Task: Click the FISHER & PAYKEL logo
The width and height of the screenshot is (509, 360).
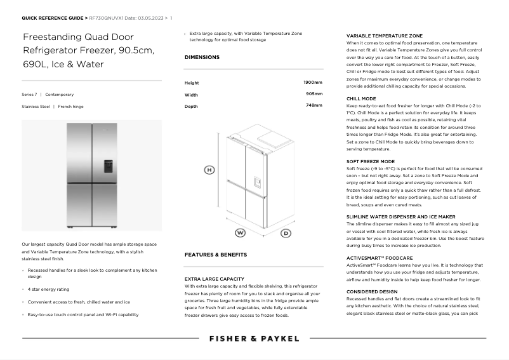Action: [x=254, y=338]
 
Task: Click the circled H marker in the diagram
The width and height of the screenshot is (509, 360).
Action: [x=209, y=170]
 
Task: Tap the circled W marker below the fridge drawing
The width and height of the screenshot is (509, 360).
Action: [x=241, y=232]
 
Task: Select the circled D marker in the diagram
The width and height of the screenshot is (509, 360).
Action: [x=286, y=233]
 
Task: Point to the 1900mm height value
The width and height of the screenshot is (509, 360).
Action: [x=313, y=83]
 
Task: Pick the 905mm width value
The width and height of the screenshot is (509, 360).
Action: [x=314, y=94]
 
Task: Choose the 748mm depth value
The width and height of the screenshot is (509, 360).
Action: [x=314, y=105]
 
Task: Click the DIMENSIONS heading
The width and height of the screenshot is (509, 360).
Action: [x=202, y=57]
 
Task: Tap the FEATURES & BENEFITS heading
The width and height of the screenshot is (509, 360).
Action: [x=216, y=255]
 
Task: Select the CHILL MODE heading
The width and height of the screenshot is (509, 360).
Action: [x=361, y=99]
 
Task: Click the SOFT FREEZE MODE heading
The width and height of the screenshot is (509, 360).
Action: [x=371, y=162]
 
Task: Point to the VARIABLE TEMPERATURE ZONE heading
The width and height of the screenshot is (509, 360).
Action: [x=385, y=36]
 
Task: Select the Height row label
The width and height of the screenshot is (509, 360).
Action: [x=192, y=83]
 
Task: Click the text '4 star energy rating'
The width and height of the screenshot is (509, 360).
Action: [x=50, y=289]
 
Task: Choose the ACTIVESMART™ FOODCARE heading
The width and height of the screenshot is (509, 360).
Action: [x=380, y=258]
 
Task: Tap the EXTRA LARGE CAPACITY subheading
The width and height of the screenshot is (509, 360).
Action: [x=215, y=279]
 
